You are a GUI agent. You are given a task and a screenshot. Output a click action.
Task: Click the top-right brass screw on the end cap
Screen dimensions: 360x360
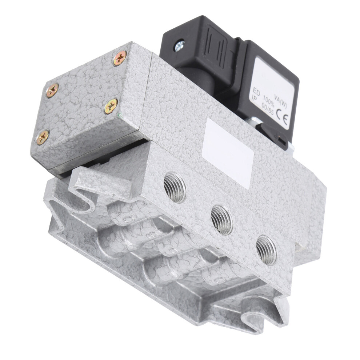[120, 58]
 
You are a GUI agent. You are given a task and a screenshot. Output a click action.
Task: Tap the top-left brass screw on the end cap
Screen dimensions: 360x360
[52, 90]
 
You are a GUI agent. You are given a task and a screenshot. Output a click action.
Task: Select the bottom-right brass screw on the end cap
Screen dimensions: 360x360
[111, 106]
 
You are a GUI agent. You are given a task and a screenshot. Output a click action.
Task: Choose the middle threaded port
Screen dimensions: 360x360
[222, 220]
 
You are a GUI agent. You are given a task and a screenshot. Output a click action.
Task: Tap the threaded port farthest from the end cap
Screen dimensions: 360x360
[266, 250]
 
